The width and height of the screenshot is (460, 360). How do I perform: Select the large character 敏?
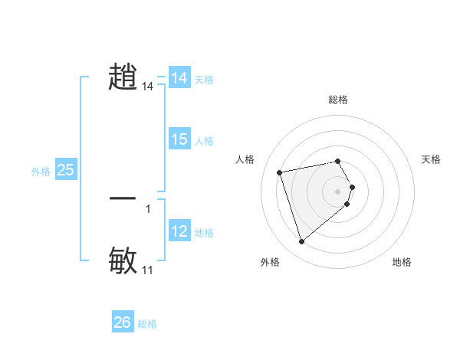click(x=123, y=260)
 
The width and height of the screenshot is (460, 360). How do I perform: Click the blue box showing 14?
click(x=179, y=78)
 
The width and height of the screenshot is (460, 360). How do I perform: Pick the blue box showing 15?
click(x=179, y=139)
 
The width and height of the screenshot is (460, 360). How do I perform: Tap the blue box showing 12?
click(x=179, y=231)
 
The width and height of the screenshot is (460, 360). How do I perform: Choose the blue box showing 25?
click(x=66, y=170)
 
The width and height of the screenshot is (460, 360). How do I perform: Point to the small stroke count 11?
click(x=148, y=270)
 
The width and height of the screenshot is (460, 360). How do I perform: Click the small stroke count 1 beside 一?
click(x=148, y=208)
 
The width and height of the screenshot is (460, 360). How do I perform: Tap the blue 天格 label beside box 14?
click(x=204, y=80)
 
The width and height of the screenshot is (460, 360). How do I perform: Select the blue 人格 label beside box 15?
click(x=204, y=141)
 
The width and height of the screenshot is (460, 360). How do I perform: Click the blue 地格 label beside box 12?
click(x=204, y=233)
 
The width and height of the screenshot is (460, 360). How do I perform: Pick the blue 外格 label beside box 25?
click(x=41, y=172)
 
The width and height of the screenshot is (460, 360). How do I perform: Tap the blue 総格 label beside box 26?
click(x=147, y=324)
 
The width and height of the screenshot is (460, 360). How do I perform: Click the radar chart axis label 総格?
click(x=337, y=100)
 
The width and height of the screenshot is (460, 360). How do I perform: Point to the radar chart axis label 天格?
click(x=431, y=159)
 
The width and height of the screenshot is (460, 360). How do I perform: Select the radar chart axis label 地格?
click(x=402, y=263)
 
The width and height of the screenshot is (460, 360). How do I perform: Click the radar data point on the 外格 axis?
click(x=301, y=241)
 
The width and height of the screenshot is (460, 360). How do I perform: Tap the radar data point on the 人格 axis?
click(x=280, y=172)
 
